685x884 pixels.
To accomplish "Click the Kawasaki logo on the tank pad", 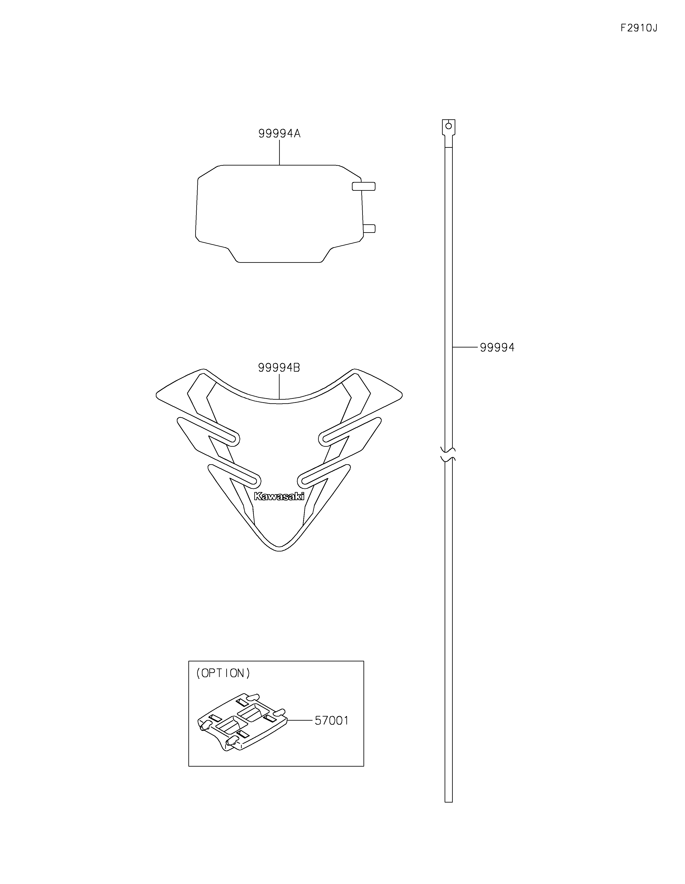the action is tap(279, 496).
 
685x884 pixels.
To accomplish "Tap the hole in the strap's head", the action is tap(448, 126).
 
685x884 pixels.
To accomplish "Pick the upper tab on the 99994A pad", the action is tap(364, 186).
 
